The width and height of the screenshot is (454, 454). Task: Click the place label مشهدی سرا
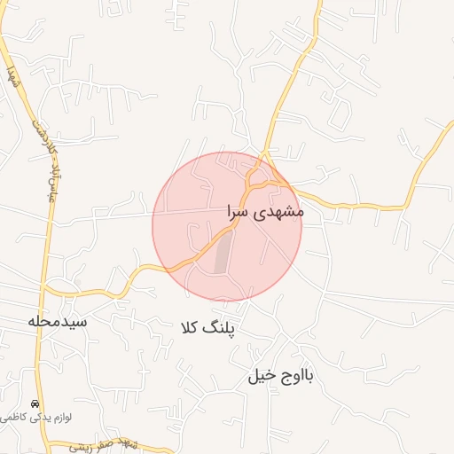pyautogui.click(x=265, y=213)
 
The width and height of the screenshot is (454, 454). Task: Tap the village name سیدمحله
pyautogui.click(x=57, y=321)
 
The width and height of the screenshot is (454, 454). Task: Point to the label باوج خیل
pyautogui.click(x=281, y=376)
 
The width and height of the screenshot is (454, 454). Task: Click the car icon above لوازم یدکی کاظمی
pyautogui.click(x=35, y=403)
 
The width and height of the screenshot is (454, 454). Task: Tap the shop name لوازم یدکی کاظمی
pyautogui.click(x=36, y=417)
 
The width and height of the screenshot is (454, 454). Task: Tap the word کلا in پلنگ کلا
pyautogui.click(x=190, y=328)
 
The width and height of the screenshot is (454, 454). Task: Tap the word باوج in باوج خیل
pyautogui.click(x=298, y=376)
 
